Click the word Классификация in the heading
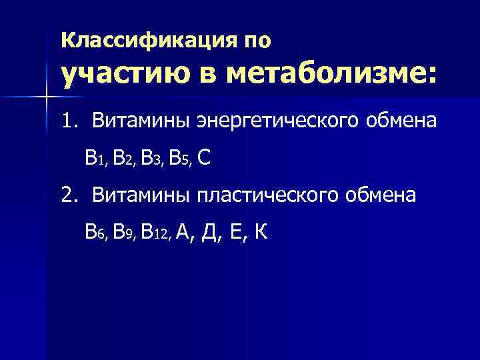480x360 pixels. pyautogui.click(x=145, y=41)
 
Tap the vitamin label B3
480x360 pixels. pyautogui.click(x=151, y=159)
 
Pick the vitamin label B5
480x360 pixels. pyautogui.click(x=179, y=159)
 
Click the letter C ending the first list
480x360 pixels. pyautogui.click(x=205, y=158)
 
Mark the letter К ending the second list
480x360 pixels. pyautogui.click(x=261, y=232)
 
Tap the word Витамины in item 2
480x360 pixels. pyautogui.click(x=141, y=195)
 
